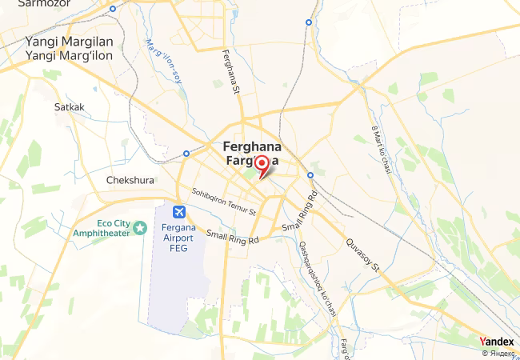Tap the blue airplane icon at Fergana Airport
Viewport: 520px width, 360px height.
pyautogui.click(x=178, y=212)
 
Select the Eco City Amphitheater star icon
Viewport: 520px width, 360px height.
pyautogui.click(x=141, y=228)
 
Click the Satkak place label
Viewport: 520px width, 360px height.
pyautogui.click(x=69, y=106)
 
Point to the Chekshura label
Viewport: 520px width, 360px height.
pyautogui.click(x=130, y=180)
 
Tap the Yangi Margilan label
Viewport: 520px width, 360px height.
pyautogui.click(x=69, y=41)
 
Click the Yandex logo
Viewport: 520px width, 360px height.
pyautogui.click(x=497, y=342)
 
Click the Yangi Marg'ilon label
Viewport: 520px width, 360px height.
pyautogui.click(x=69, y=55)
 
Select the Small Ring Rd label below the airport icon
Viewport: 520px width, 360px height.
pyautogui.click(x=233, y=238)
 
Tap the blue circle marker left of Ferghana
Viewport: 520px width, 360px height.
pyautogui.click(x=186, y=153)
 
